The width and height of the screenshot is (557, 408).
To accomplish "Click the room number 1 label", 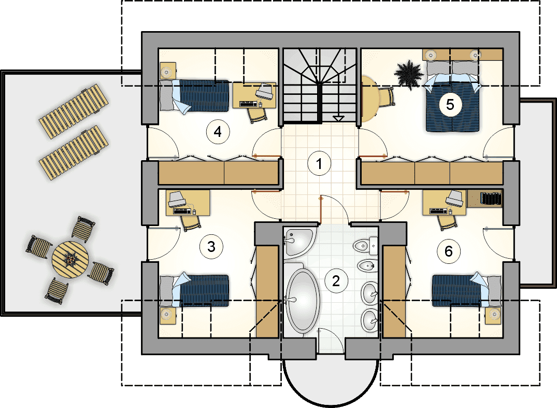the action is (319, 164).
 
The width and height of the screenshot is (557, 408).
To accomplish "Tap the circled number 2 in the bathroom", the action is (336, 281).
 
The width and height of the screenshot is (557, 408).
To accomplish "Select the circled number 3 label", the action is (211, 246).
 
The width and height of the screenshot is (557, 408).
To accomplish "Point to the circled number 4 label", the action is (218, 132).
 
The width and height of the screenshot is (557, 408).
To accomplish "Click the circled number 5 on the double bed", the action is (450, 105).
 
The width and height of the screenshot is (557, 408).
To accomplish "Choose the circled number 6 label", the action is (449, 251).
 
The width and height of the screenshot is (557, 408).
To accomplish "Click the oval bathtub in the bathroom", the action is (302, 300).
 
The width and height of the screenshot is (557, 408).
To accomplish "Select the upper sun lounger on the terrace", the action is (74, 111).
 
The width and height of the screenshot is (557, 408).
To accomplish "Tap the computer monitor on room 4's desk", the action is (264, 91).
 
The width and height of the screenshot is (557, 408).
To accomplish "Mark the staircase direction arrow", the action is (338, 119).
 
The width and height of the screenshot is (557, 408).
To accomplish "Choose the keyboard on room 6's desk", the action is (438, 211).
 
